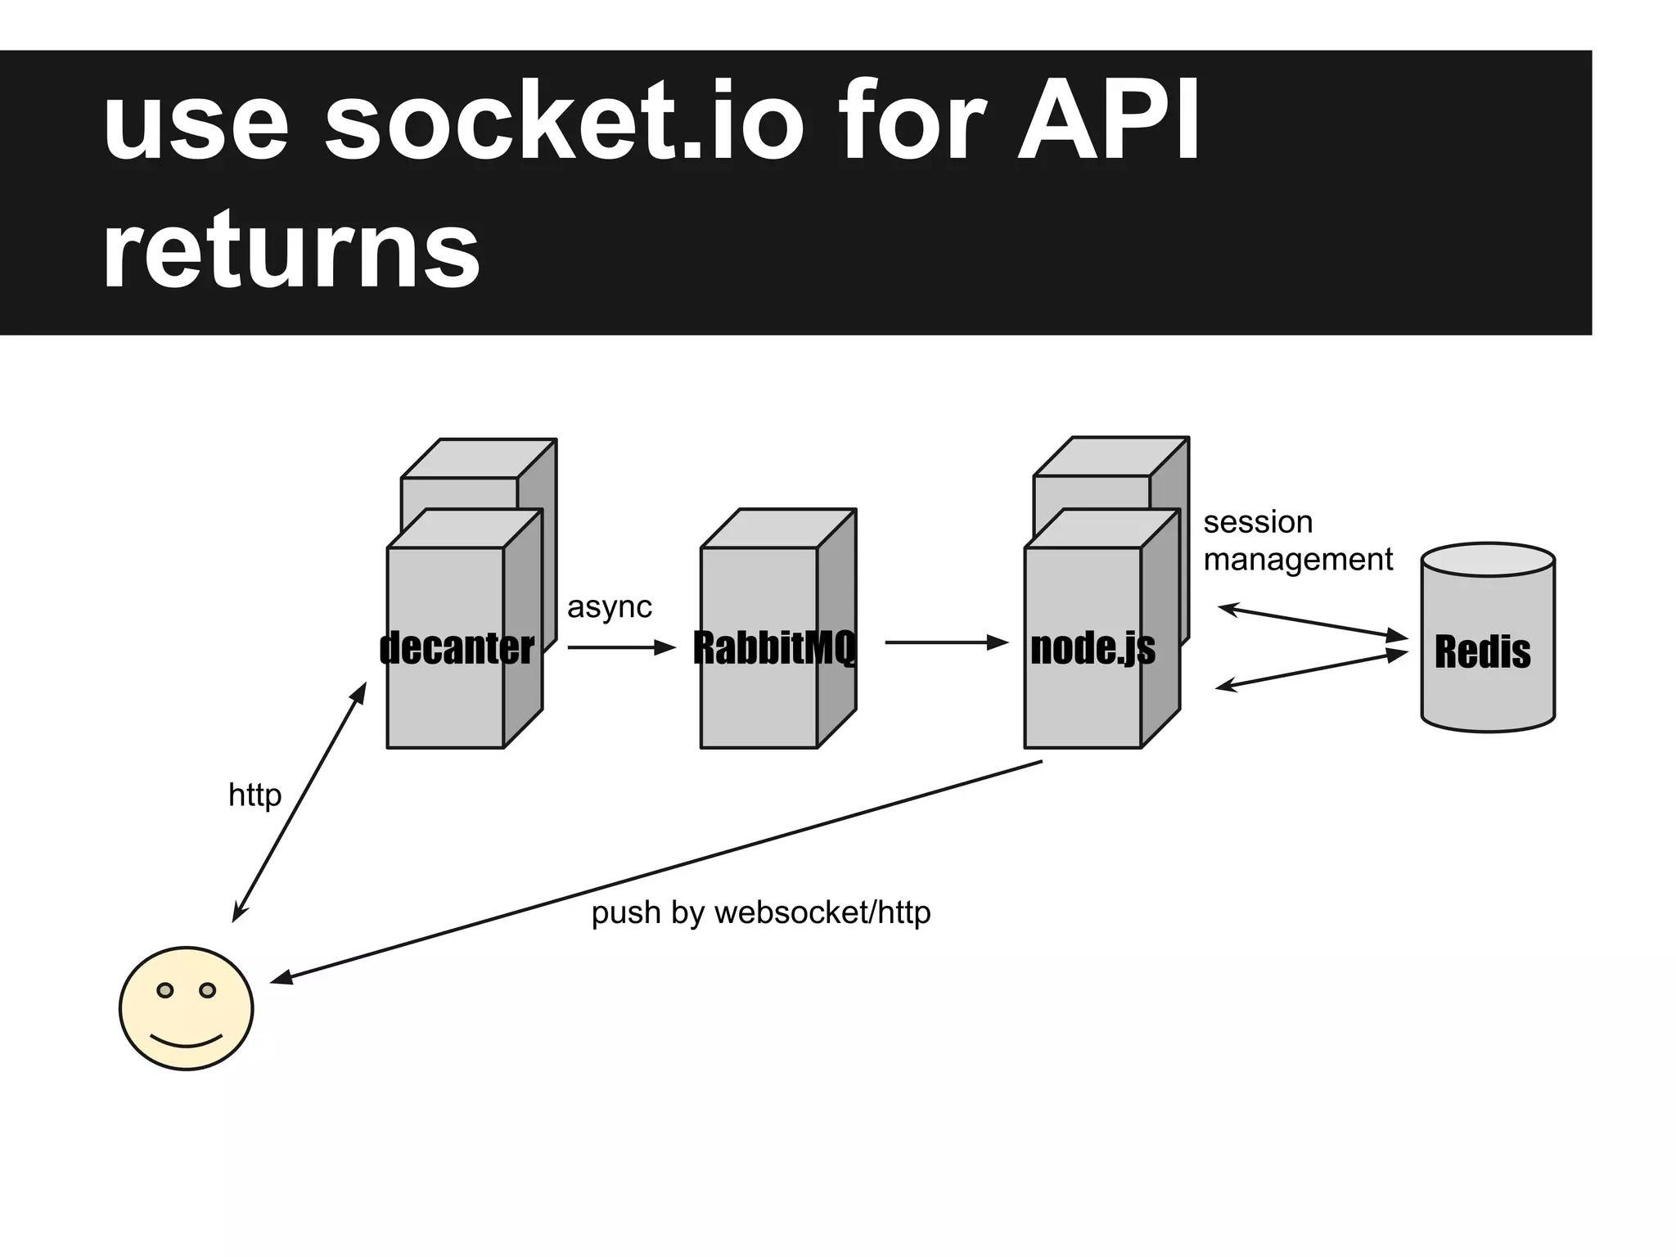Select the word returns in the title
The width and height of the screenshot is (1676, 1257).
[x=291, y=250]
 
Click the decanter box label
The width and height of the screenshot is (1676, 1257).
[x=457, y=648]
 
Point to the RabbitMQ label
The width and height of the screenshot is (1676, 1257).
[x=774, y=648]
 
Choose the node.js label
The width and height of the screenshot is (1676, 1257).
[x=1093, y=648]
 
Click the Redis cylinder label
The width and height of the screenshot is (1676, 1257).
[x=1482, y=652]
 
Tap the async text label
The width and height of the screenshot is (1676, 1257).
[x=609, y=607]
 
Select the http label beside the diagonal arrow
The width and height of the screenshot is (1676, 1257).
[x=255, y=795]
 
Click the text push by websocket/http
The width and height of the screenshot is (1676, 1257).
[x=761, y=912]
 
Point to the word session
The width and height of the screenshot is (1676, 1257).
[x=1258, y=522]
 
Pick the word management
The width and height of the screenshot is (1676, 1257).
[x=1297, y=560]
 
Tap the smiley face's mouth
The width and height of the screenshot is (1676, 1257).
[x=187, y=1042]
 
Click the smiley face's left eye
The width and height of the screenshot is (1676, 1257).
[x=165, y=991]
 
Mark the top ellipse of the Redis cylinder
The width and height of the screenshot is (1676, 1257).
[x=1488, y=560]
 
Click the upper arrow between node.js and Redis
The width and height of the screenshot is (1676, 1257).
[x=1312, y=622]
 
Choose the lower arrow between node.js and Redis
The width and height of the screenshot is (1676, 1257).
[x=1311, y=671]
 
